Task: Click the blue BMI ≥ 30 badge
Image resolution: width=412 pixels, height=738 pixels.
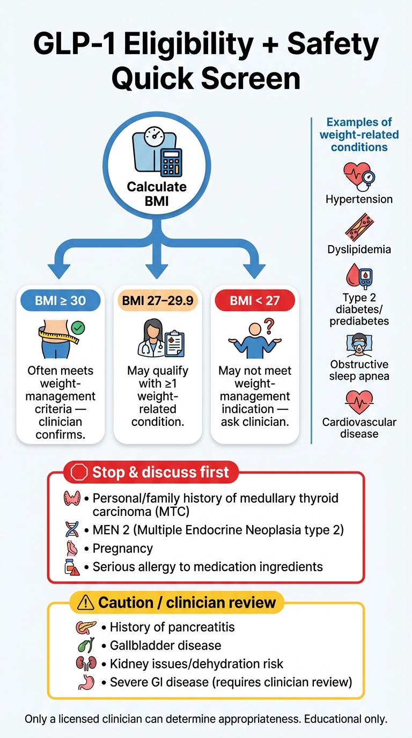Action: click(60, 301)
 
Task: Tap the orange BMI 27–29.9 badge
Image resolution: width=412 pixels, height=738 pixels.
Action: click(157, 301)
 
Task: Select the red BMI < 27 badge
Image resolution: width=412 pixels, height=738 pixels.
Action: click(255, 301)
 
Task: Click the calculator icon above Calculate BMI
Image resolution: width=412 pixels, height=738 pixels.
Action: click(171, 163)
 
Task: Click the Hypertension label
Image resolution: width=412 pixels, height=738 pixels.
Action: click(359, 200)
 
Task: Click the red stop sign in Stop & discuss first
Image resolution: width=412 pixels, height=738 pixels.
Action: click(79, 472)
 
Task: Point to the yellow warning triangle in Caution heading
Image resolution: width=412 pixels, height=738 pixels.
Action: click(85, 602)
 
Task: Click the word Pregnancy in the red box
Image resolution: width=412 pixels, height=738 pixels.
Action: click(122, 549)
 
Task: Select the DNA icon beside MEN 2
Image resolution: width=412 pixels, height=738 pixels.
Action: click(71, 530)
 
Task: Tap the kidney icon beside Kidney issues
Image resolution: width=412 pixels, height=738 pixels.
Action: click(84, 663)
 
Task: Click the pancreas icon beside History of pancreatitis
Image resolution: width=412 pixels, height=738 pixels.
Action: click(85, 626)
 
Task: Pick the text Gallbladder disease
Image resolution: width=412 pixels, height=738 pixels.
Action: click(165, 645)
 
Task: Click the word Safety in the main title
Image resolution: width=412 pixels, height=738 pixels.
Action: click(333, 44)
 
